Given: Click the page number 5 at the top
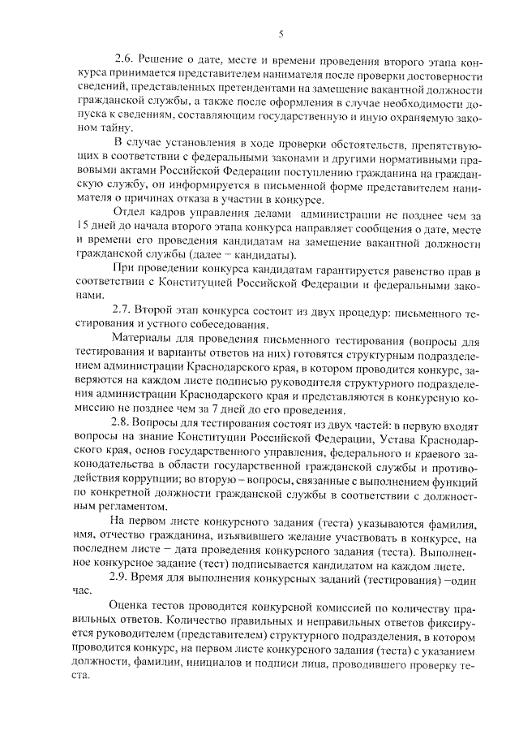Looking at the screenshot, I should tap(281, 33).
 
